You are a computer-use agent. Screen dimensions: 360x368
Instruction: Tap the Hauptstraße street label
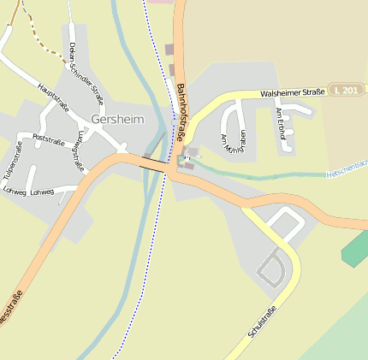tap(53, 98)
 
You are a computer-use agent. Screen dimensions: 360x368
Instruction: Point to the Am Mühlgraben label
tap(232, 143)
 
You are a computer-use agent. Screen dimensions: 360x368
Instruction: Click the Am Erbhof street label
tap(280, 124)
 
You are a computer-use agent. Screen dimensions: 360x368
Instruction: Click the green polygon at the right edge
tap(355, 247)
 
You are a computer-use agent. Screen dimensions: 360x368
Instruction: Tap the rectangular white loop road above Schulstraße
tap(285, 227)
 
